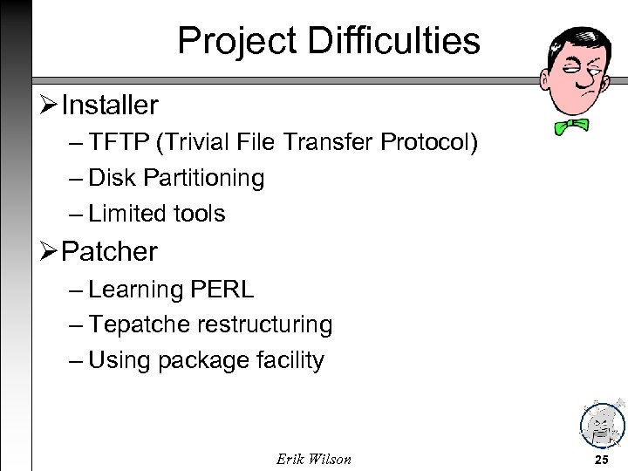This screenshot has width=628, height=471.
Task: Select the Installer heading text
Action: [110, 106]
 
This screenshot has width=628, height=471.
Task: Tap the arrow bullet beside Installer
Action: [51, 106]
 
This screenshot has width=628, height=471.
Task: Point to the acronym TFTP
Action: [119, 142]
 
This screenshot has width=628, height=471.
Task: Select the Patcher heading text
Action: [110, 252]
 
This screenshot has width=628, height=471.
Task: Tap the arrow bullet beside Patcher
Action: [51, 252]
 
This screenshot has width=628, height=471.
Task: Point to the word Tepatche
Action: [140, 324]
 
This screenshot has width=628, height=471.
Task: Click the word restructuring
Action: [265, 324]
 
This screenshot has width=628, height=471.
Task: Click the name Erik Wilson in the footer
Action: [313, 458]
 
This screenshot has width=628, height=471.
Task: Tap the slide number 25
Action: [601, 458]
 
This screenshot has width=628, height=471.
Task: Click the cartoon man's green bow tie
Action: [572, 126]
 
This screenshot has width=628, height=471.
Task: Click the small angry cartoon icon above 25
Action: [601, 423]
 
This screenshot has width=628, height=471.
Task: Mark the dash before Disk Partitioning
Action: [76, 179]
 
